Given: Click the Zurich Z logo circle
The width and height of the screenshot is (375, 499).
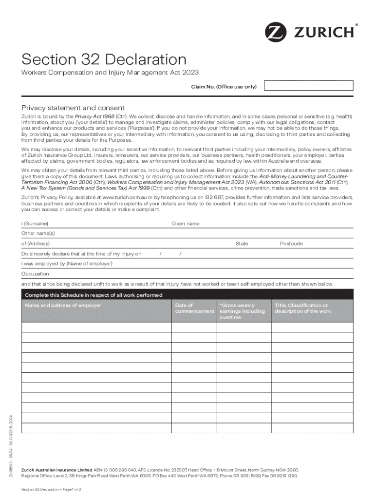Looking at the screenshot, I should click(x=276, y=32).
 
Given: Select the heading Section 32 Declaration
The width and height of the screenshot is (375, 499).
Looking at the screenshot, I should click(x=103, y=59).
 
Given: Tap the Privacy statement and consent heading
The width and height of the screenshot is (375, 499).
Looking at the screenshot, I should click(x=73, y=108).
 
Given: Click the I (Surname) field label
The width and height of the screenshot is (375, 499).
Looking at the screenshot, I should click(x=35, y=224).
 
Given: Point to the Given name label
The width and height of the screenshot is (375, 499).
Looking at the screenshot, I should click(x=185, y=224).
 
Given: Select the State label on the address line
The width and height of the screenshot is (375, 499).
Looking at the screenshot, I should click(x=242, y=244).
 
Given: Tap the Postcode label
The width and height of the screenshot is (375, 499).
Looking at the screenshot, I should click(x=291, y=244).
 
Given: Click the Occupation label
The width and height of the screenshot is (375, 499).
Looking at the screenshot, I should click(x=35, y=274).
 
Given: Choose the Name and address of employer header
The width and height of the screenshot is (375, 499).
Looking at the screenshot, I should click(x=63, y=306).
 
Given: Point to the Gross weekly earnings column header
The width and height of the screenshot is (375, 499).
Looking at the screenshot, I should click(x=242, y=311).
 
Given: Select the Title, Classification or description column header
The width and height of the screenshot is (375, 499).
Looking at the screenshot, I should click(x=302, y=308).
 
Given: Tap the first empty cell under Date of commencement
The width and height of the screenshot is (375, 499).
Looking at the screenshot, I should click(x=193, y=327).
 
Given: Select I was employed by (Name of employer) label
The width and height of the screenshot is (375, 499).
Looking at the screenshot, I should click(x=67, y=264).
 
